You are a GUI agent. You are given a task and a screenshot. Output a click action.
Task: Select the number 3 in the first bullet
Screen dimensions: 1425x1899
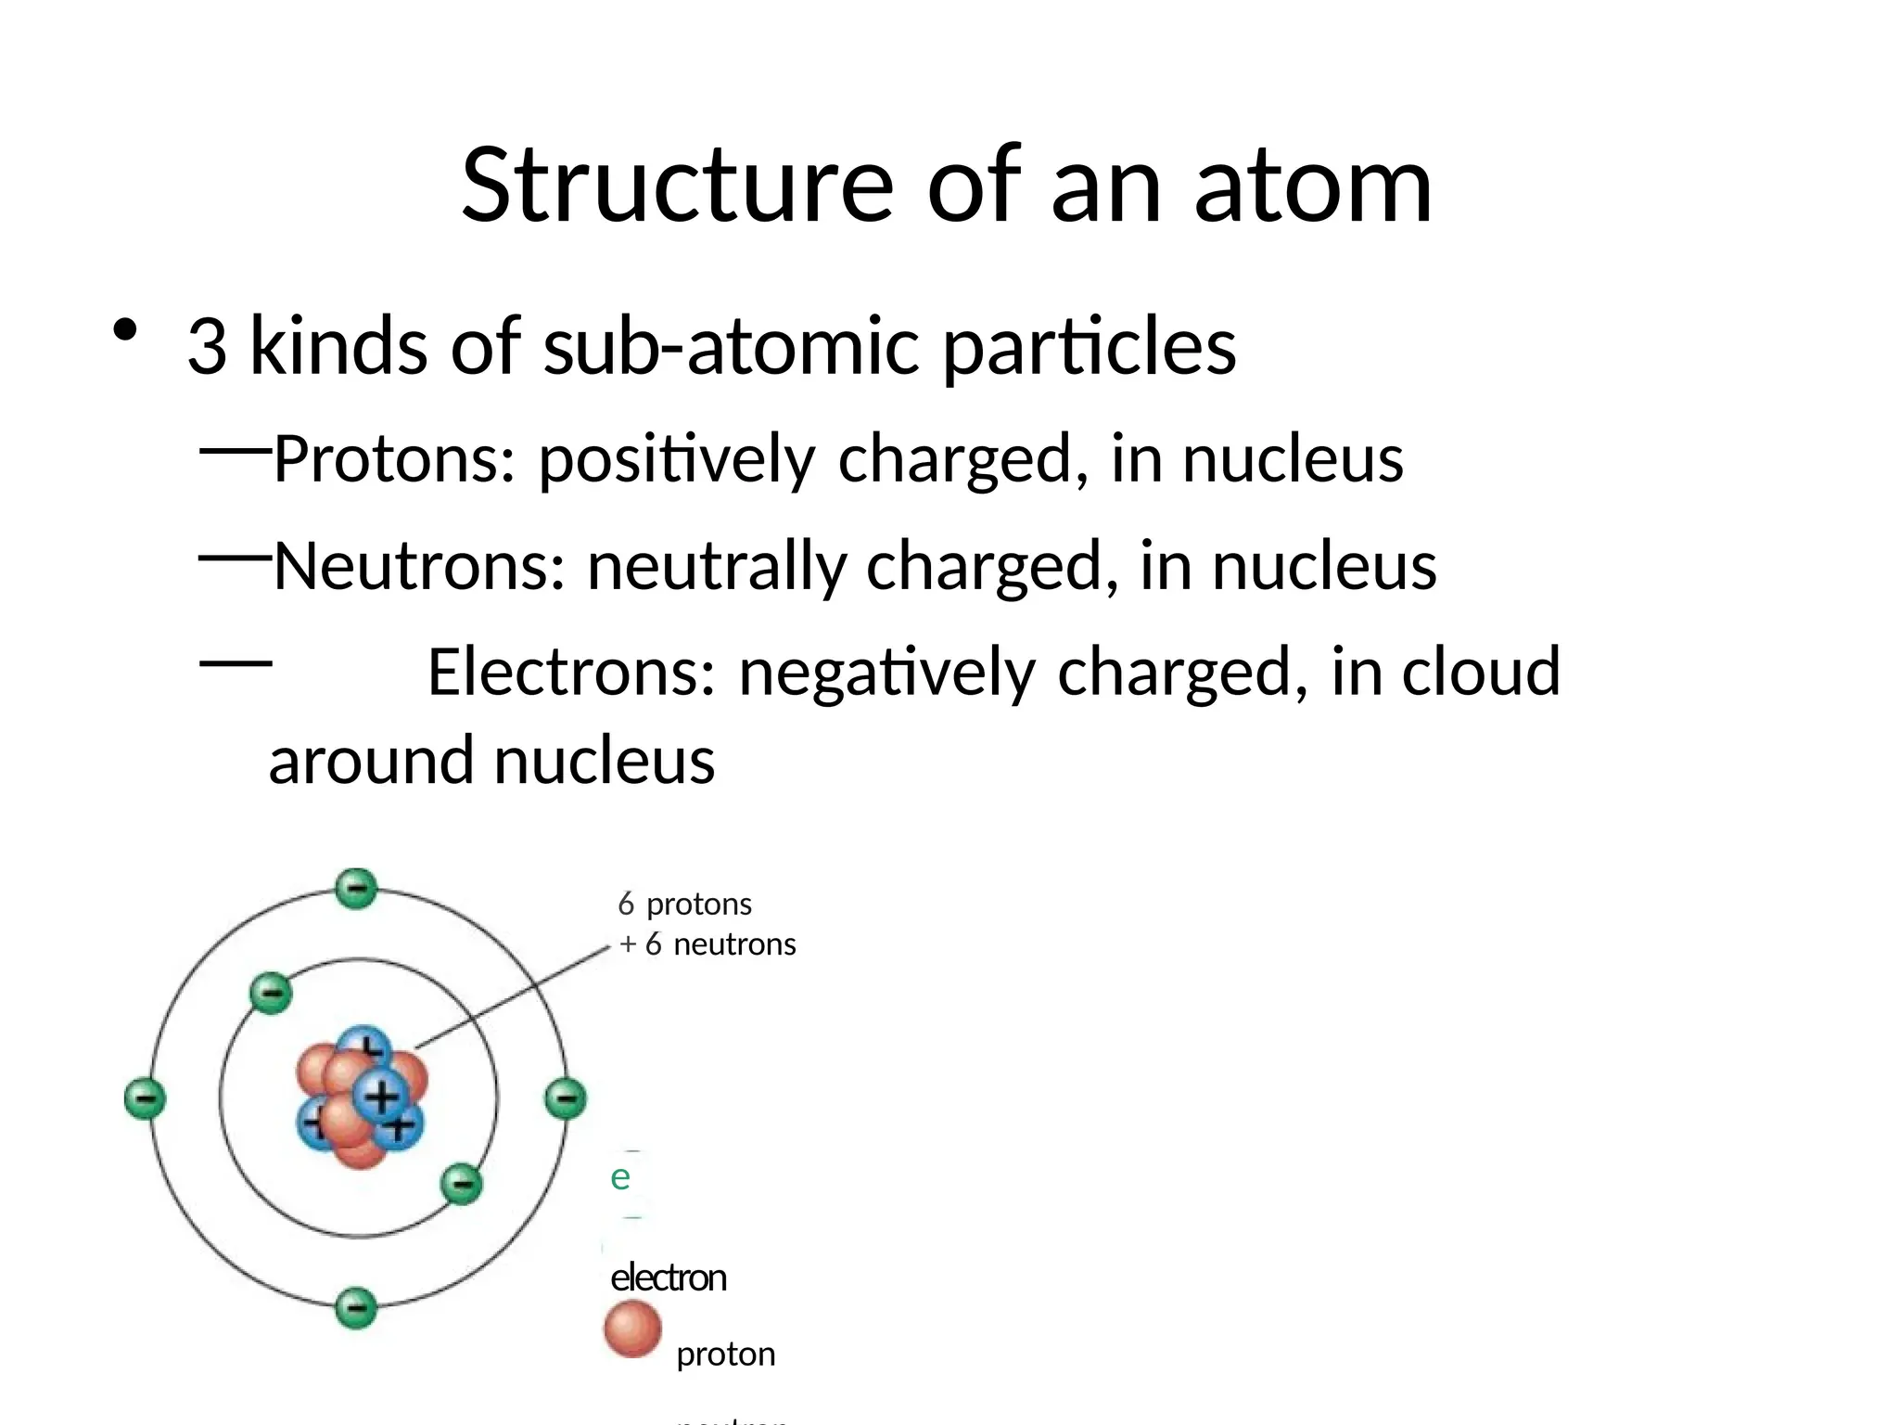(x=207, y=346)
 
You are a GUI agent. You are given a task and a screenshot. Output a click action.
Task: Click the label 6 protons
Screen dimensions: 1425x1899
(x=684, y=904)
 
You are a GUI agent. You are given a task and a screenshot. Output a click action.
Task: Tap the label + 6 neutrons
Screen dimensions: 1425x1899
(x=707, y=944)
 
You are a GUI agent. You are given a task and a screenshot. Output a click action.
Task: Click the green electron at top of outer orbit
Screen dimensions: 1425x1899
(x=356, y=889)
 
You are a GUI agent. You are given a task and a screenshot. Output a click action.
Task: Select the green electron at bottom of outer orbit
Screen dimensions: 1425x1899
(x=356, y=1309)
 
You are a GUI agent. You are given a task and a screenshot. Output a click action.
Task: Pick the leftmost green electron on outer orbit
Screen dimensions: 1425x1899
(x=146, y=1099)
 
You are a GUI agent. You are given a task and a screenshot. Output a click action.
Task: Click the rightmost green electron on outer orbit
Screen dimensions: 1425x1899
(x=565, y=1099)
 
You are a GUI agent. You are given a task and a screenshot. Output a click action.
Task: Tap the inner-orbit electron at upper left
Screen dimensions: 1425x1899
(x=272, y=994)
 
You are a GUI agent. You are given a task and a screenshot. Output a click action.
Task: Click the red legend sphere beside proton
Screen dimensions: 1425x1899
(x=632, y=1329)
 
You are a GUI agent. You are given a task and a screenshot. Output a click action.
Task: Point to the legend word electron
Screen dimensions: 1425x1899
(x=668, y=1278)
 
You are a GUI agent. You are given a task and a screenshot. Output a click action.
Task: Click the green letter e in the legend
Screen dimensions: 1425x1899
(x=620, y=1178)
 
